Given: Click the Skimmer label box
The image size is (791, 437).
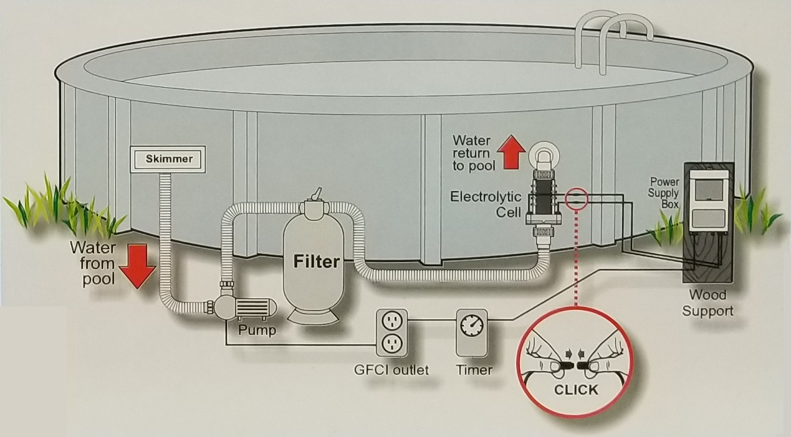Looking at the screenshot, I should click(x=169, y=159).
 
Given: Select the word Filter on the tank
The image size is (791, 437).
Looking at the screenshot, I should click(x=317, y=261).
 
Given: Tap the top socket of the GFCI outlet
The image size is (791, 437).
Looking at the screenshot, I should click(x=391, y=322).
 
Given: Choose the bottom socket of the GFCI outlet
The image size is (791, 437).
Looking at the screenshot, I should click(x=391, y=343).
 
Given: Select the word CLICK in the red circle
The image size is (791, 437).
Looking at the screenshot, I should click(x=575, y=390).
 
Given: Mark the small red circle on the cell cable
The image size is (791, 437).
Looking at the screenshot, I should click(x=576, y=200).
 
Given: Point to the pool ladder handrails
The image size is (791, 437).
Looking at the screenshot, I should click(x=614, y=37).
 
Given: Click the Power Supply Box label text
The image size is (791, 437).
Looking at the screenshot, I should click(x=664, y=193).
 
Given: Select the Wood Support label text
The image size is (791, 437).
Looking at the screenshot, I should click(x=707, y=303).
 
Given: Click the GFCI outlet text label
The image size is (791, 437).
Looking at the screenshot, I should click(x=391, y=370).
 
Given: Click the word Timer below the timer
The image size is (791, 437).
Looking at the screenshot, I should click(x=474, y=370).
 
